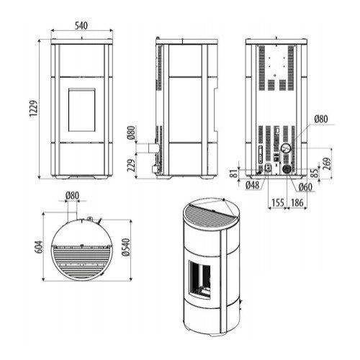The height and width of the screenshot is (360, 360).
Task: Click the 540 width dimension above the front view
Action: tap(81, 26)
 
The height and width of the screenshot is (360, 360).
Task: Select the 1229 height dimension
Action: tap(33, 109)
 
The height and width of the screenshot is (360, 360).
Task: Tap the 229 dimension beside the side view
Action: tap(131, 165)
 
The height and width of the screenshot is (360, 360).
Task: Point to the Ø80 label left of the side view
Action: tap(131, 132)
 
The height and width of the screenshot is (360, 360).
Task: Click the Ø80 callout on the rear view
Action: tap(321, 119)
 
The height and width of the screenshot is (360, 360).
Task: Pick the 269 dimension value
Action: tap(327, 163)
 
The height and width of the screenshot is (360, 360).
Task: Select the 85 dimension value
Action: tap(315, 173)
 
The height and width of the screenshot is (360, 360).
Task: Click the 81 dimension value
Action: tap(235, 174)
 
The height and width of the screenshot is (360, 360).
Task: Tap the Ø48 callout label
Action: tap(253, 185)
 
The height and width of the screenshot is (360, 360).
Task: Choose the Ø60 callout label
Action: tap(306, 187)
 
